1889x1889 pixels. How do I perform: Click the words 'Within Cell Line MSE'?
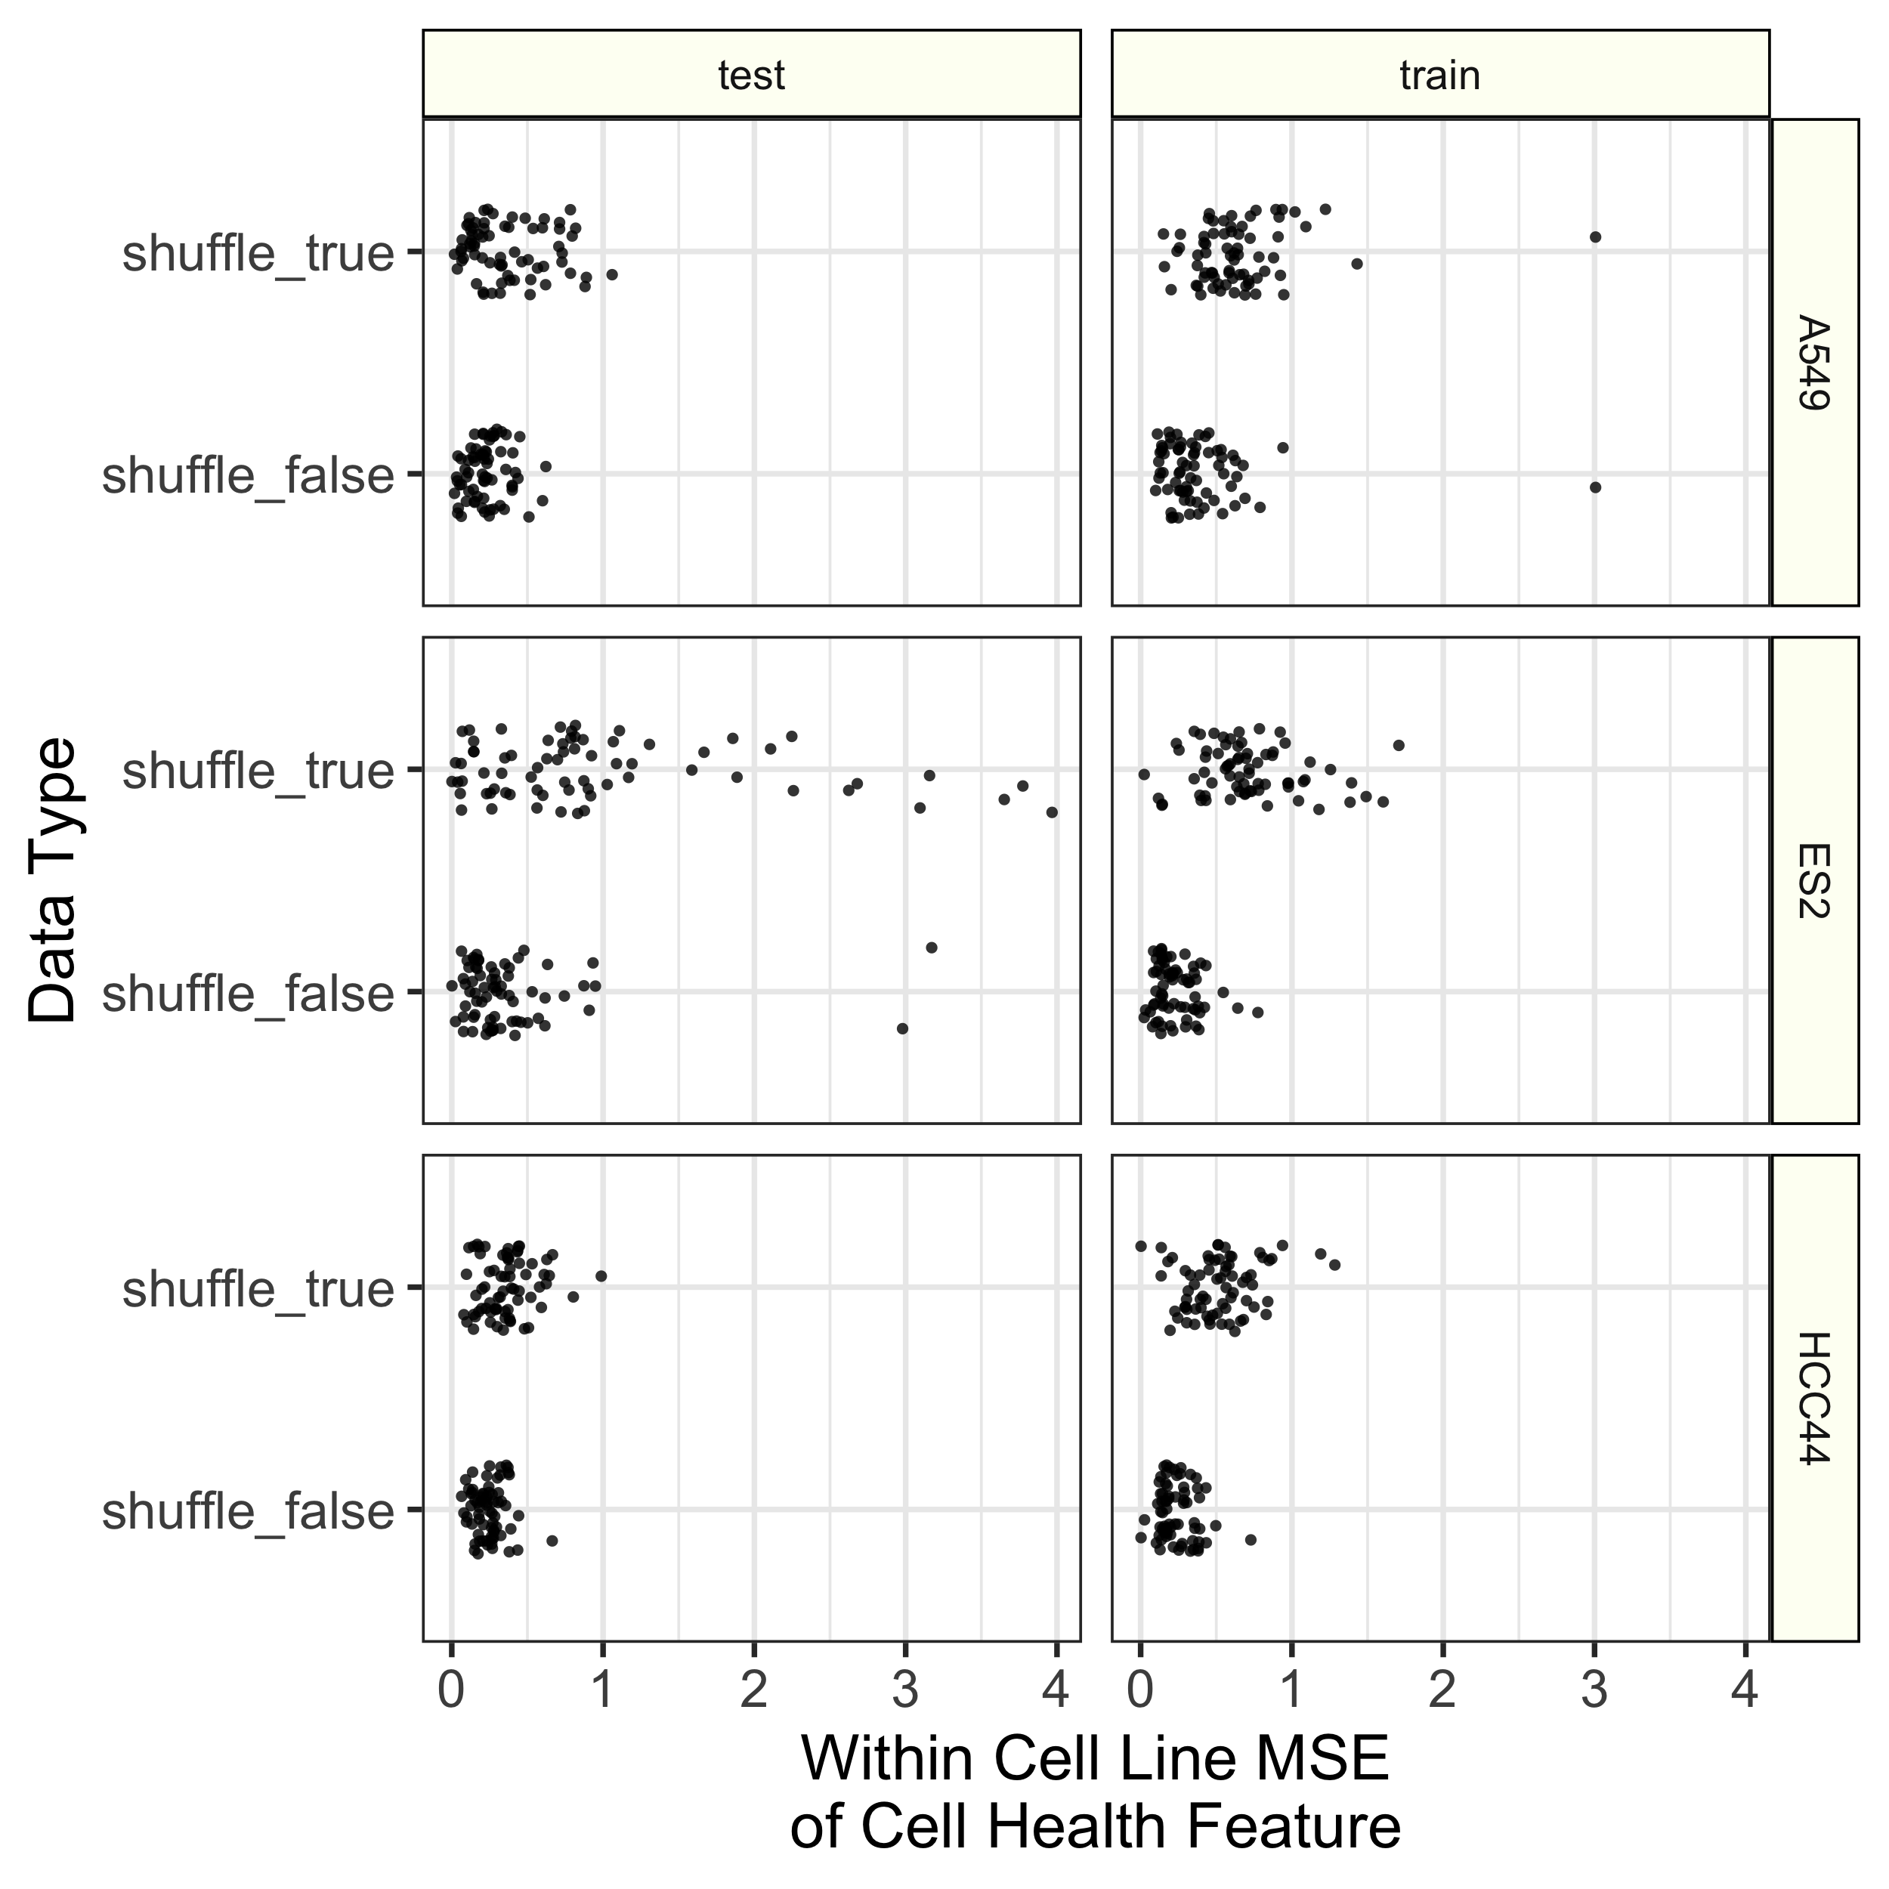[1095, 1759]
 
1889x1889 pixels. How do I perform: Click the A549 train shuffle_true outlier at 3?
[1595, 237]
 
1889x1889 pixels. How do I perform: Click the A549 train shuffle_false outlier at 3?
[1595, 487]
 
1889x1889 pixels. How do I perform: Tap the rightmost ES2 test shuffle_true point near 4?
[1052, 812]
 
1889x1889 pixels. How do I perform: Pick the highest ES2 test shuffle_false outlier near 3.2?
[931, 947]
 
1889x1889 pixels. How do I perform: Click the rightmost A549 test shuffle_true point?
[612, 274]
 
